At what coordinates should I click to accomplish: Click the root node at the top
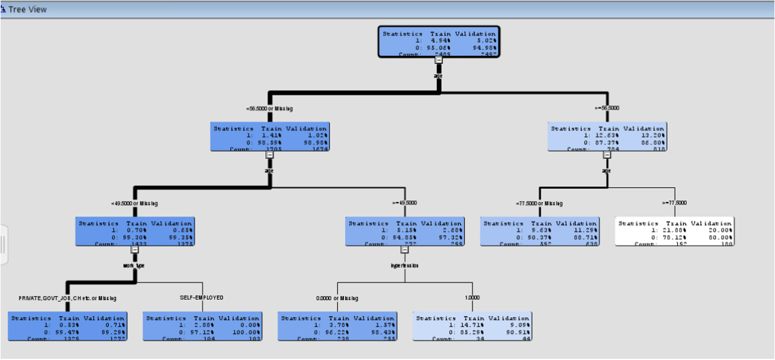(439, 41)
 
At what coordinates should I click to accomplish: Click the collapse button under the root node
(439, 59)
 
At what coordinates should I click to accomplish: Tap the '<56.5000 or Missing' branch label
(269, 108)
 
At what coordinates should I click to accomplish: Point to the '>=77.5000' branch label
(674, 202)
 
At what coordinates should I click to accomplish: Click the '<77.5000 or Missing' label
(539, 203)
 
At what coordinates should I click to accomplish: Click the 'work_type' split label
(134, 265)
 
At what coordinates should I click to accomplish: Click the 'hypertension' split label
(404, 265)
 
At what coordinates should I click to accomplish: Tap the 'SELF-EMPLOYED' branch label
(201, 297)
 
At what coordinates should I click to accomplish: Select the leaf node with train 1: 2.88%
(202, 327)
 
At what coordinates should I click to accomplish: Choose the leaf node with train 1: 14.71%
(472, 327)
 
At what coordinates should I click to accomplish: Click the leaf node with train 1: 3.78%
(337, 327)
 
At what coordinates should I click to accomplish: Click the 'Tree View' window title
(27, 9)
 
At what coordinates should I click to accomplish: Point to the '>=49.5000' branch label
(404, 202)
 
